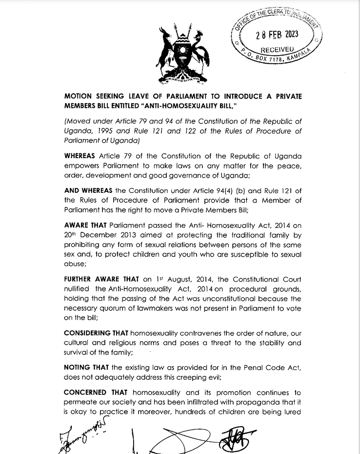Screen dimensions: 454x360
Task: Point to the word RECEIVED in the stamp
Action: [x=277, y=49]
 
